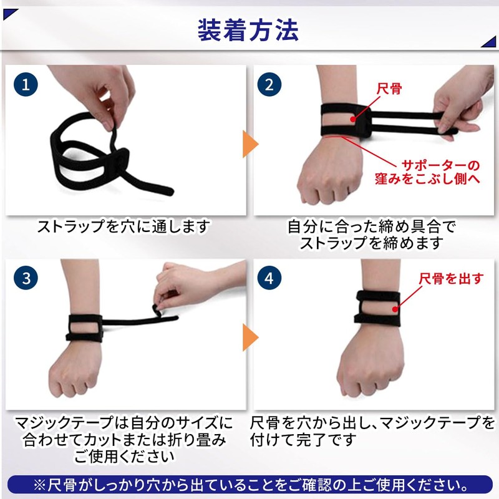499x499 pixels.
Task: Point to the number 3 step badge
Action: click(26, 278)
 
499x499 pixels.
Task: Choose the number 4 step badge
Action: click(269, 278)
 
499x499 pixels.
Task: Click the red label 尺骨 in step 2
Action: click(390, 88)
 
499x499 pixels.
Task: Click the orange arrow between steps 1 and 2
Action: click(250, 145)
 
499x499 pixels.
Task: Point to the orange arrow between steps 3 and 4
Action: click(250, 337)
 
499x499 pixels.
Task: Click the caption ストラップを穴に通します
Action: click(123, 226)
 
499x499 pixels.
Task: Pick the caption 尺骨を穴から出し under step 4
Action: click(372, 431)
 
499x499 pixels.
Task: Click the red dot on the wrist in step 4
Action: click(397, 306)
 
